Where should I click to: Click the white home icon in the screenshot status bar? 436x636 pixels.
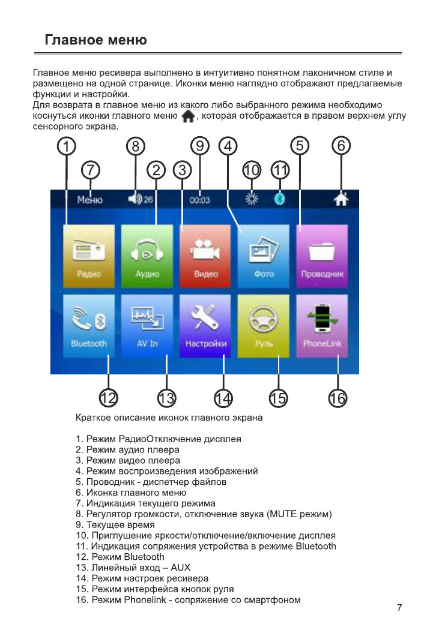[x=341, y=200]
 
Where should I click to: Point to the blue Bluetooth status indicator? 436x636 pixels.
[x=279, y=200]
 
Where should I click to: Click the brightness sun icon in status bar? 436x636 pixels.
[x=252, y=200]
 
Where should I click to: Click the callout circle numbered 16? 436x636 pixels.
[x=338, y=397]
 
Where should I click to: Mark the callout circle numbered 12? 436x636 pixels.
[x=109, y=397]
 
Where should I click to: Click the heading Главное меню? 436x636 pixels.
[x=96, y=40]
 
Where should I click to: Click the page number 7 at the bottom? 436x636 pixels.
[x=399, y=608]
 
